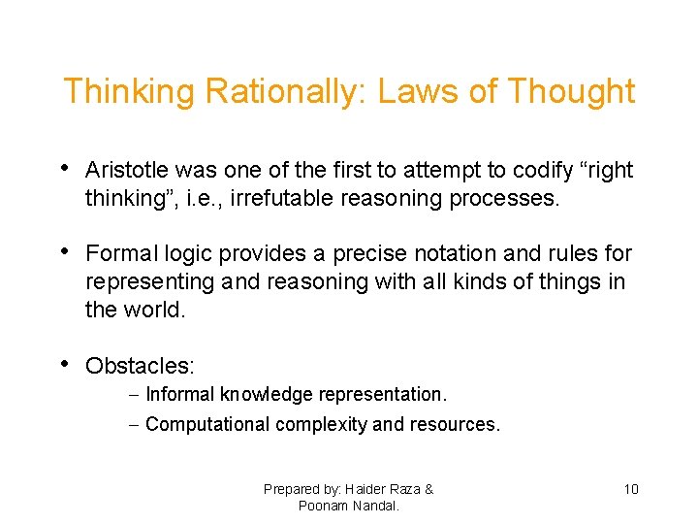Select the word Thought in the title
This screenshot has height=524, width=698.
click(571, 92)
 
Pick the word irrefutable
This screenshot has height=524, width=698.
click(270, 198)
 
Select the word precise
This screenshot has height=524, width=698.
click(368, 254)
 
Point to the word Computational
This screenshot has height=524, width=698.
click(207, 424)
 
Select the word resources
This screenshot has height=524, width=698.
click(456, 424)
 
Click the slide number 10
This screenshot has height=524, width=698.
click(630, 489)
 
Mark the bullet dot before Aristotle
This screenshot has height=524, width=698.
click(64, 169)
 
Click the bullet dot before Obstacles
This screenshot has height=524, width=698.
click(64, 365)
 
